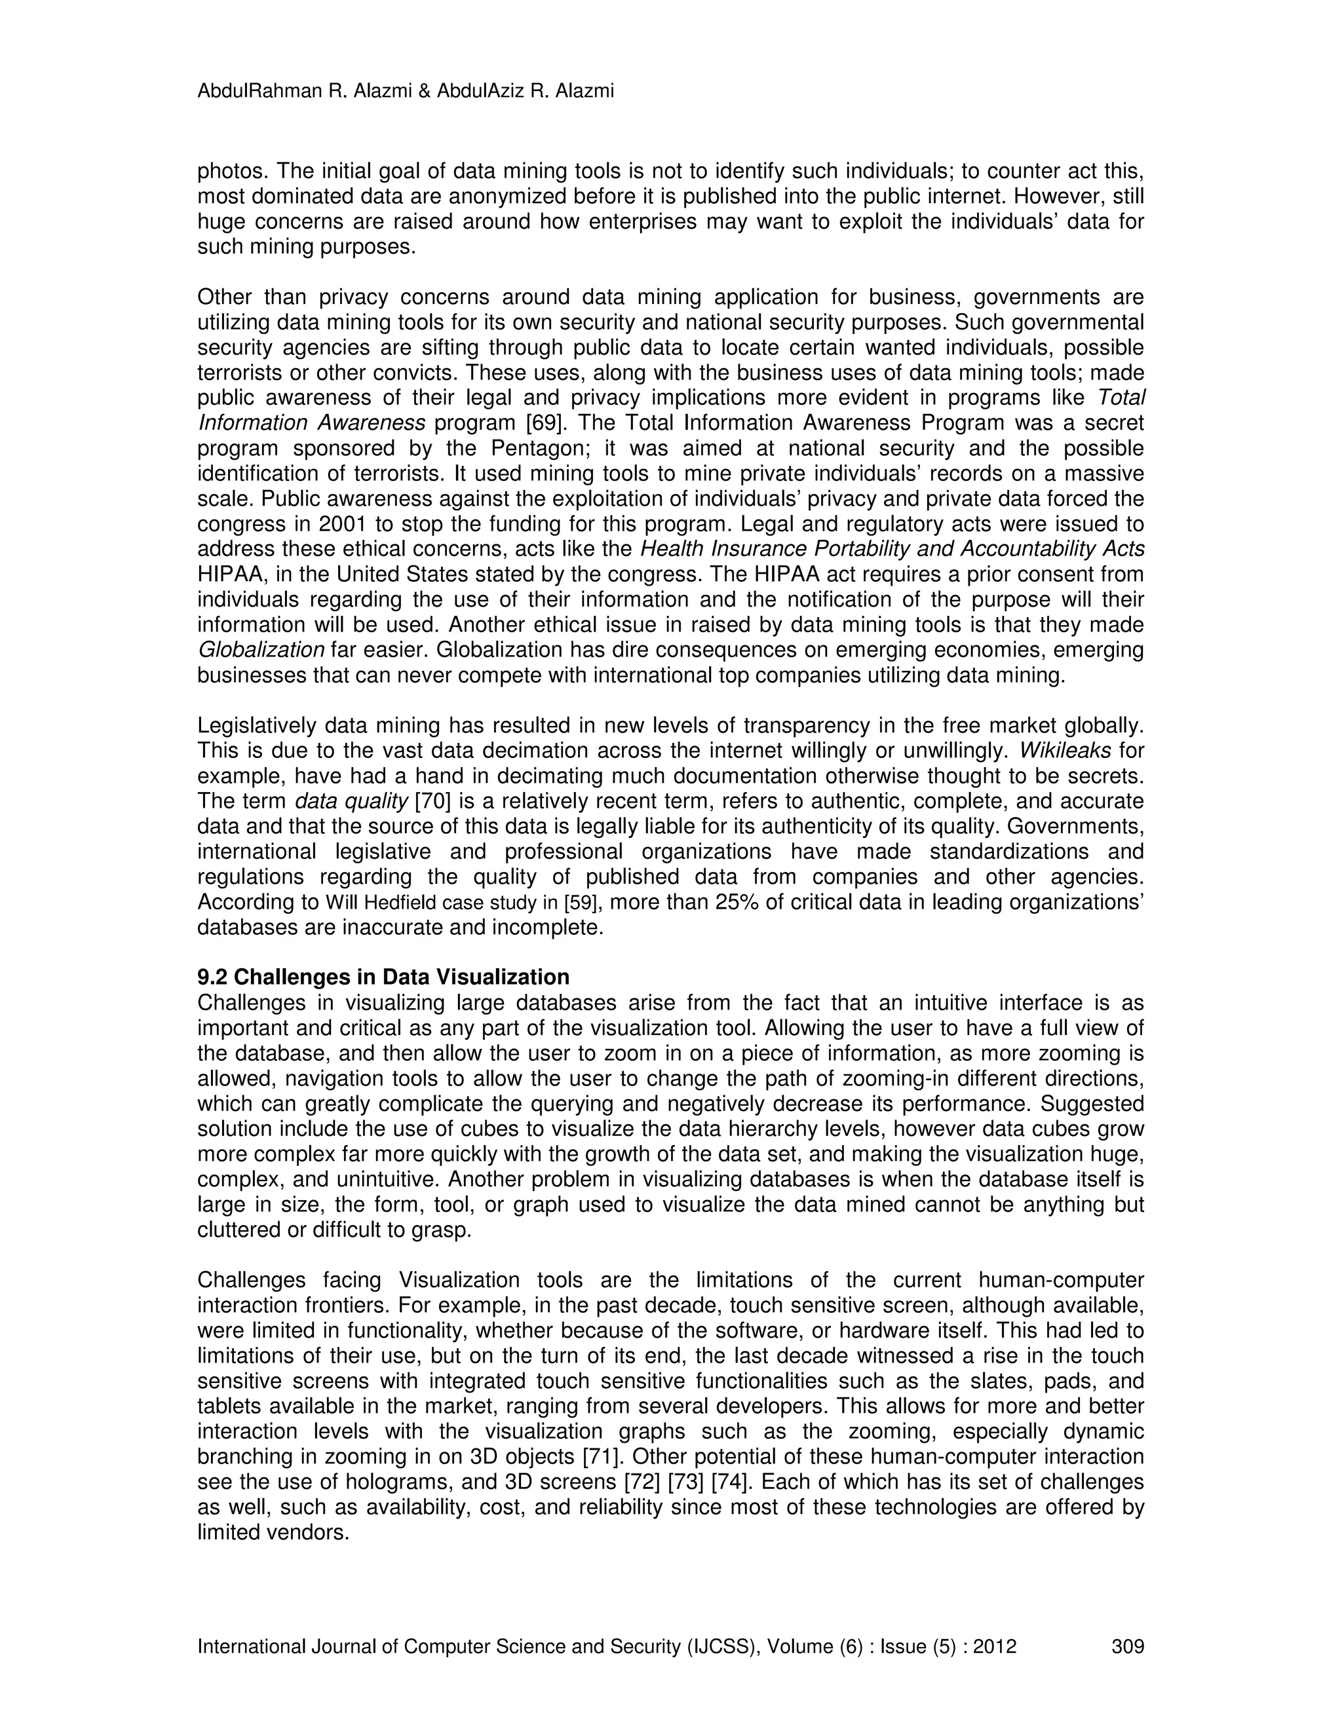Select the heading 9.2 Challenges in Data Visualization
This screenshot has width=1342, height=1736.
point(383,977)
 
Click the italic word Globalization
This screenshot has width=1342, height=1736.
point(261,651)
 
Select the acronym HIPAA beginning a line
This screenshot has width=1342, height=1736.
point(227,575)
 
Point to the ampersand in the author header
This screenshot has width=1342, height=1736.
point(424,92)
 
